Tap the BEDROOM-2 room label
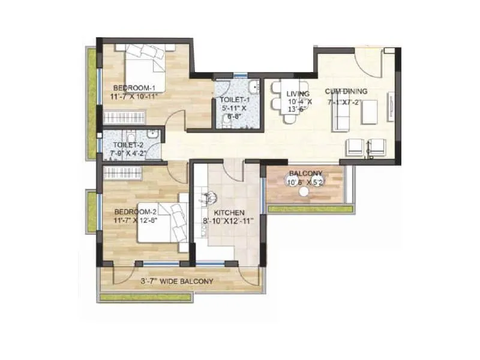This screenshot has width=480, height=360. [136, 212]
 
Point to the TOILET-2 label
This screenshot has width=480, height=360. [128, 145]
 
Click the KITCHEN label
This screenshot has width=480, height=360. [230, 212]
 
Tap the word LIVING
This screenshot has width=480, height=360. [298, 94]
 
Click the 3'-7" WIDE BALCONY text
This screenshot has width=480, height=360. [176, 281]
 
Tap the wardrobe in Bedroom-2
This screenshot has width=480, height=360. [122, 173]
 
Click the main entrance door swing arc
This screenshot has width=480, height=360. [366, 63]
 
